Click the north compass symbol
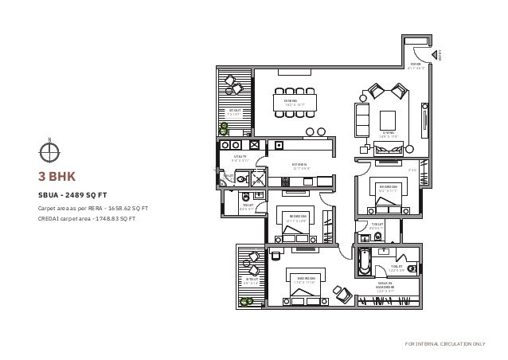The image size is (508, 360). (49, 150)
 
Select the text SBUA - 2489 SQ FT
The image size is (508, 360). (72, 194)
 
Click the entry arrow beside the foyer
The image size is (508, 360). (437, 54)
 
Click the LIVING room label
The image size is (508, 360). (389, 135)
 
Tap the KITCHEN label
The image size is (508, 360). (300, 166)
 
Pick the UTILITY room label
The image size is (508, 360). (240, 158)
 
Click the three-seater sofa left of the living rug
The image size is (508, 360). (362, 118)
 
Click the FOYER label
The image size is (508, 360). (416, 66)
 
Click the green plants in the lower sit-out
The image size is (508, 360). (249, 302)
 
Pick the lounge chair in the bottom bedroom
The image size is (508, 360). (342, 293)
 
